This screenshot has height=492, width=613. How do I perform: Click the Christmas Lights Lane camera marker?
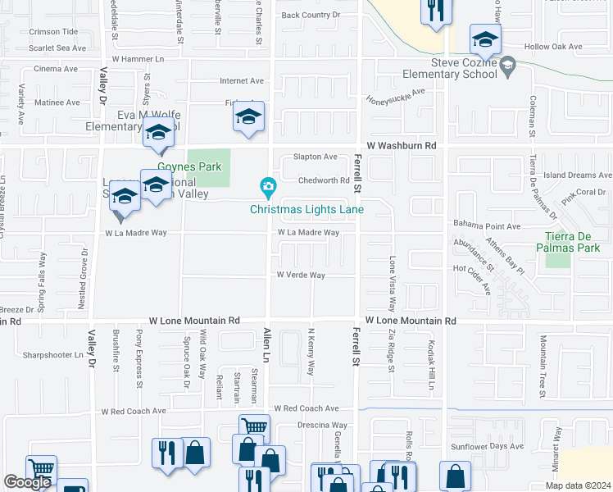coord(267,189)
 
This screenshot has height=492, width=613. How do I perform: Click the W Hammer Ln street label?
coord(138,59)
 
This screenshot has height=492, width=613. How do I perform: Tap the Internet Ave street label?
coord(242,81)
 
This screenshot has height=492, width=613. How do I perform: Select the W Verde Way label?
coord(301,276)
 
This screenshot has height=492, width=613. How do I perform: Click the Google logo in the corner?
coord(27,482)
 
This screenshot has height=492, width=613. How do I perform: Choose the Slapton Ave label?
coord(316,157)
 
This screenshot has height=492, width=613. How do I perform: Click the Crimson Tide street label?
coord(53,31)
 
